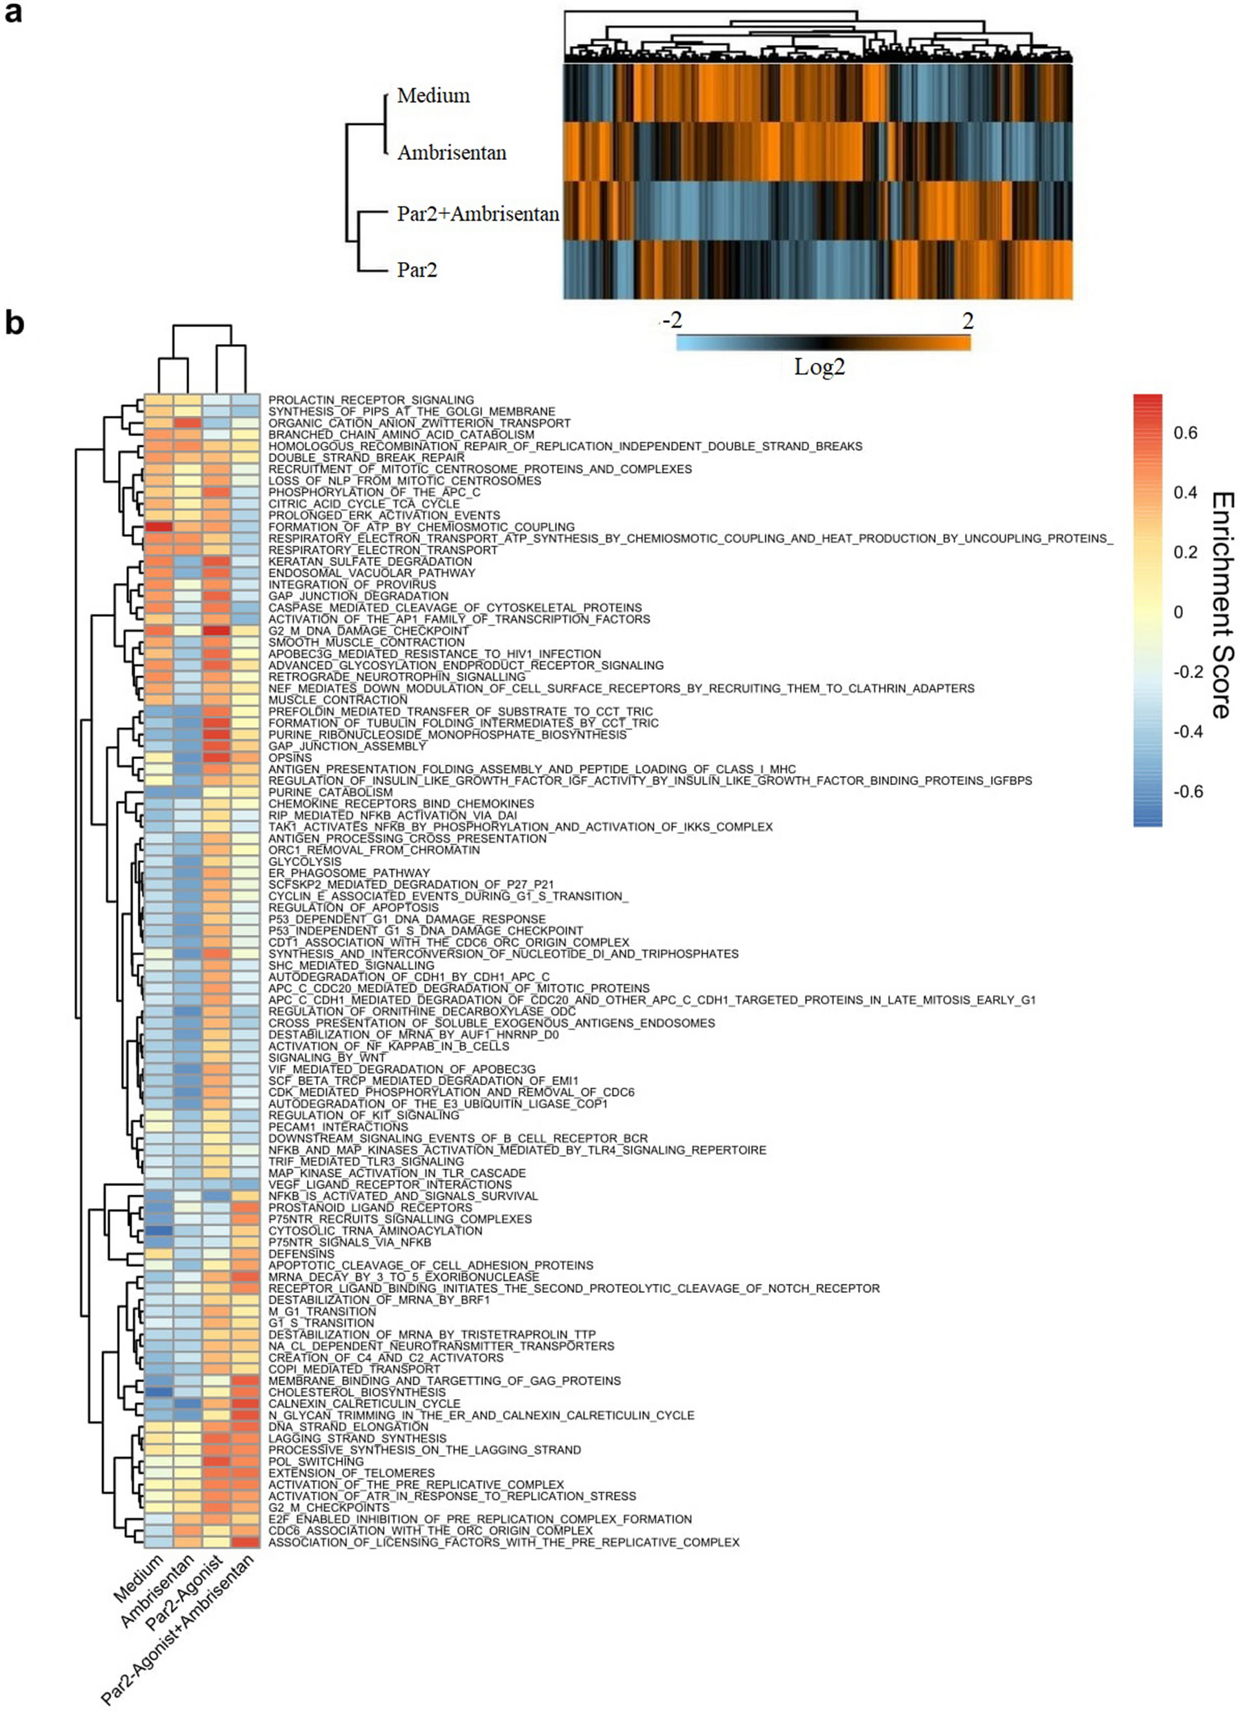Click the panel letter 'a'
pos(13,14)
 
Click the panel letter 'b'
pos(14,323)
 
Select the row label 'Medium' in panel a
pos(433,96)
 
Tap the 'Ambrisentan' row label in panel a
pos(451,152)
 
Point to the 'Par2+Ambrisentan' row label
pos(477,215)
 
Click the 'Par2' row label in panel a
pos(417,269)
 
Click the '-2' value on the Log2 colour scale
pos(671,321)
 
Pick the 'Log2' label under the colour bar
pos(819,368)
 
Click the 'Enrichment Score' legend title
pos(1222,605)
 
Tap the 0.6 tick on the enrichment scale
pos(1186,433)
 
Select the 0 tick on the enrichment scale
pos(1179,613)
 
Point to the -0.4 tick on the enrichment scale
pos(1188,732)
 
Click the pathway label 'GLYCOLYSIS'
pos(305,862)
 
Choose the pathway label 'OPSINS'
pos(290,758)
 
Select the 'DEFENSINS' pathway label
pos(301,1254)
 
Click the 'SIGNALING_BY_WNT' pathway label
pos(327,1058)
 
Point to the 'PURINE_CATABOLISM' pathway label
pos(330,792)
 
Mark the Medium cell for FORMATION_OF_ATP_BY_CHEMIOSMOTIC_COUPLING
pos(159,526)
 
